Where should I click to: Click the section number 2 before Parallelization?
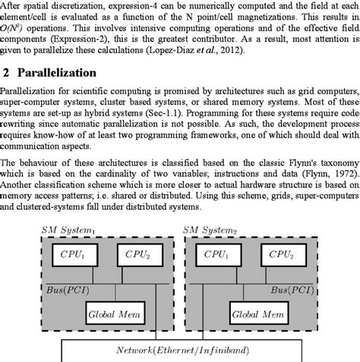pyautogui.click(x=6, y=73)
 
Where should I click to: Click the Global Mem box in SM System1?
pyautogui.click(x=109, y=312)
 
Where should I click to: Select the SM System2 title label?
pyautogui.click(x=216, y=230)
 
